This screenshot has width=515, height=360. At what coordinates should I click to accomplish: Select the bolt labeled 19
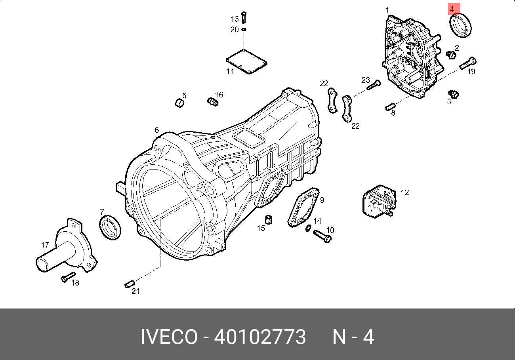point(468,63)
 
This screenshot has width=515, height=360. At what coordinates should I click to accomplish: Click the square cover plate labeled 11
point(246,62)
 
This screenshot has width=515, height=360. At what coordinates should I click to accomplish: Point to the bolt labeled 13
point(244,17)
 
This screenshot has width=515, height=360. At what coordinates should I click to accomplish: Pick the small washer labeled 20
point(244,29)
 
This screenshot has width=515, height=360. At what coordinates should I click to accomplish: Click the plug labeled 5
point(180,103)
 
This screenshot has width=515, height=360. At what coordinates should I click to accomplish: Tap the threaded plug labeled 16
point(213,102)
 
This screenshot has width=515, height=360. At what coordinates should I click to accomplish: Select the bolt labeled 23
point(373,85)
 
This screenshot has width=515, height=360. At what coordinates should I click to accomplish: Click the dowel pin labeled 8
point(390,107)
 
